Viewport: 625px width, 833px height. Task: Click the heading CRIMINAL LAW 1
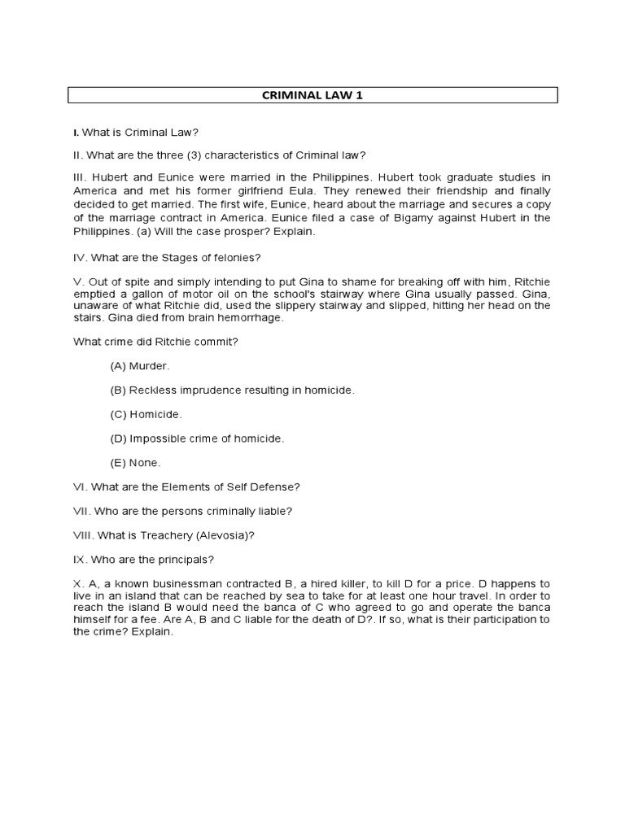(312, 95)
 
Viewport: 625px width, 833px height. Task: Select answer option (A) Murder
(138, 367)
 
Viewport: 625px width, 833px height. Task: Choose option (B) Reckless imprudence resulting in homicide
(232, 390)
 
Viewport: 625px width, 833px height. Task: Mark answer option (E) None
(136, 462)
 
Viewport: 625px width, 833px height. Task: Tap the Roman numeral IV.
(80, 258)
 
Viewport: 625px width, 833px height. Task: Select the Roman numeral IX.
(80, 560)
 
